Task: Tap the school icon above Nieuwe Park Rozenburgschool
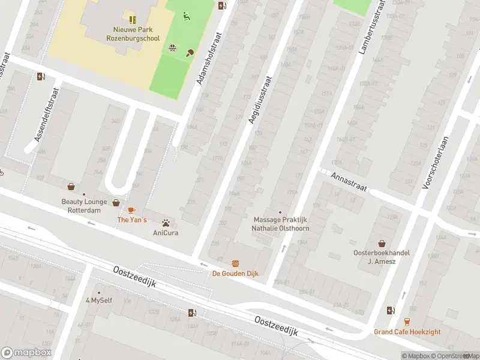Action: (132, 20)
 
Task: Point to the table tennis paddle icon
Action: (191, 53)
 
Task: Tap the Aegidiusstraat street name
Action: (260, 100)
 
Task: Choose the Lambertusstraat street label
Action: (371, 26)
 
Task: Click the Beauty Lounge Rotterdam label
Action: (84, 206)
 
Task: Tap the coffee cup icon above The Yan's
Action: (131, 210)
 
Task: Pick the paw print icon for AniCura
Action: (166, 223)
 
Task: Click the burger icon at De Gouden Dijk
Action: (235, 263)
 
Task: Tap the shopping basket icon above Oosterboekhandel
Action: (381, 243)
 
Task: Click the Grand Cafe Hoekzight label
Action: (407, 332)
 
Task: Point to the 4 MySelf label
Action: (99, 301)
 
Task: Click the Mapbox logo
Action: (26, 353)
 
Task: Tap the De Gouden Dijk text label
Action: (235, 274)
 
